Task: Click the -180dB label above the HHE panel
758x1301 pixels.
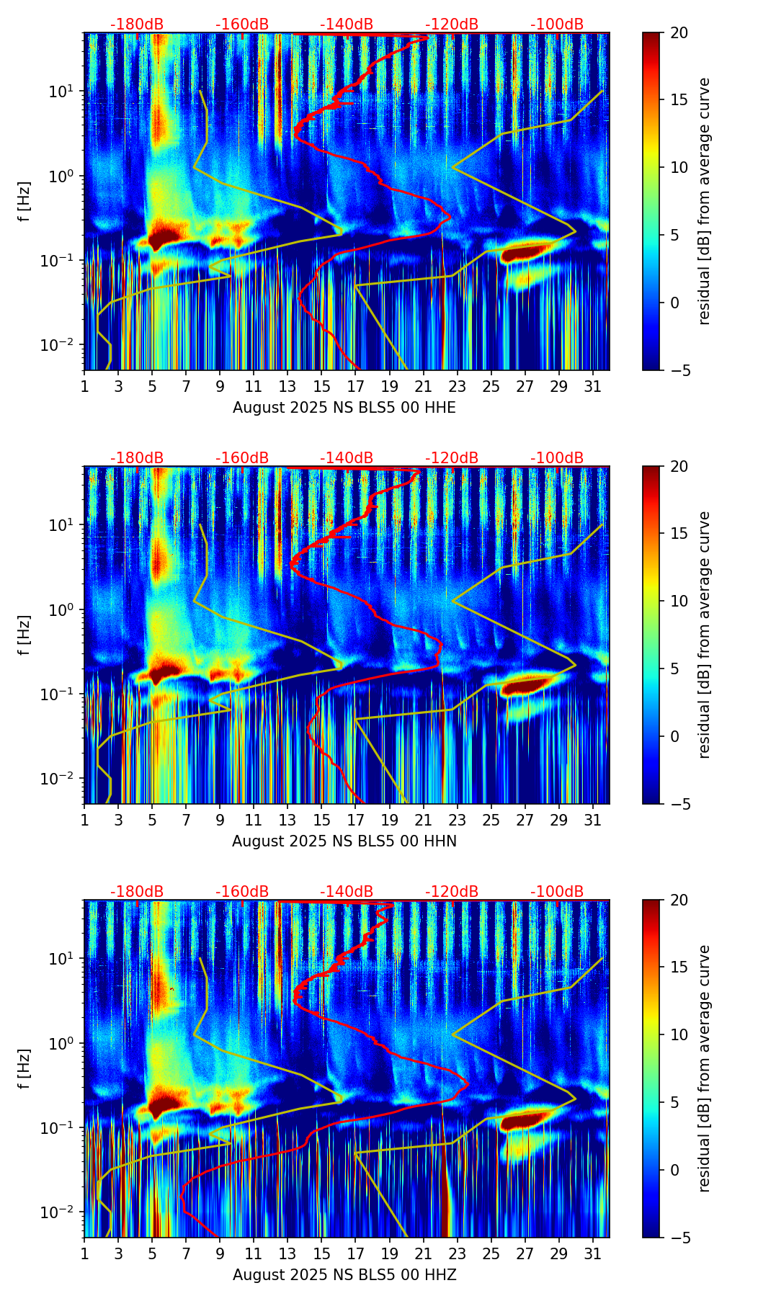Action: (137, 24)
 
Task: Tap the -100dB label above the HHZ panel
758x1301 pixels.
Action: (557, 892)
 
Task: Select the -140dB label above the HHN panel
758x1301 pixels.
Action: (347, 458)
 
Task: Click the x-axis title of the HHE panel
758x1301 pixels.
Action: (344, 408)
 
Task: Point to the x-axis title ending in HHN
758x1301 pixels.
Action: (344, 841)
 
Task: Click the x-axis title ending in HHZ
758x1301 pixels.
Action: (344, 1275)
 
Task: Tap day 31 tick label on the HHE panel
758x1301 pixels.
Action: (593, 387)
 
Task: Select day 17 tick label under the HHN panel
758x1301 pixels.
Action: (356, 821)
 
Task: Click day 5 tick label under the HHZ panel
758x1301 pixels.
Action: (152, 1254)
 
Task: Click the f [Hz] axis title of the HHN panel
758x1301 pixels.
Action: (24, 635)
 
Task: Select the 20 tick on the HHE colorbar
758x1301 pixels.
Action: (679, 33)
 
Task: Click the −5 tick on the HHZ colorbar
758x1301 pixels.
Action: (679, 1238)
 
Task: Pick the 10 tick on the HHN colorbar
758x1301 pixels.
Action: (679, 601)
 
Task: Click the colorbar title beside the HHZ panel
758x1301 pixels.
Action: (705, 1068)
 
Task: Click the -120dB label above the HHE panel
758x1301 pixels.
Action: (452, 24)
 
